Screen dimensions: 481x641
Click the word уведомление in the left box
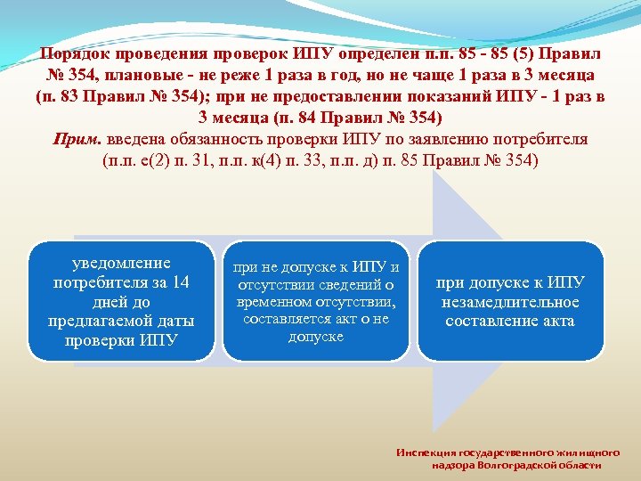[121, 263]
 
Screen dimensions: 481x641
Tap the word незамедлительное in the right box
[509, 302]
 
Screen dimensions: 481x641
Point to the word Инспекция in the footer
[426, 452]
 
